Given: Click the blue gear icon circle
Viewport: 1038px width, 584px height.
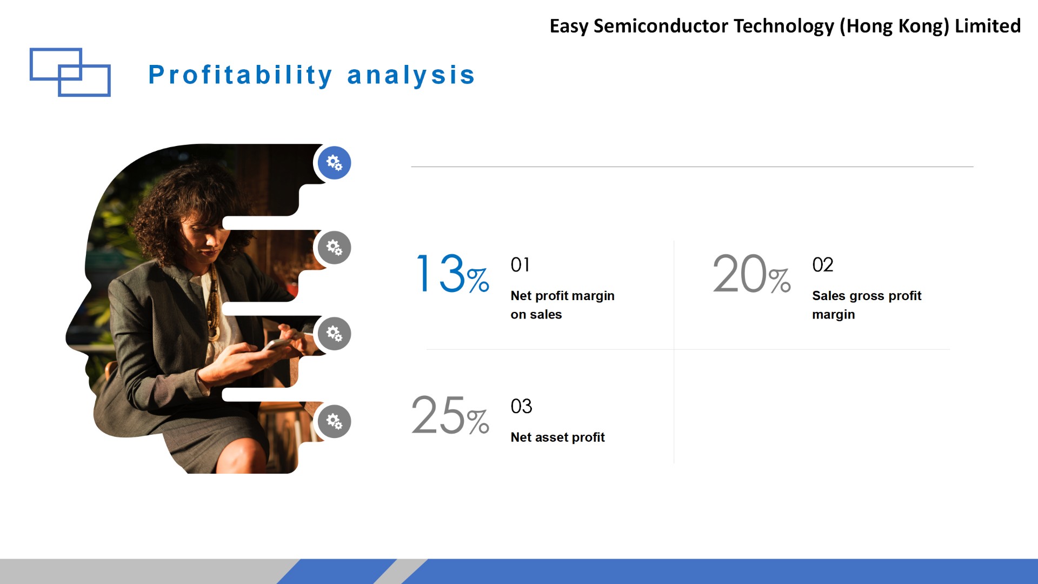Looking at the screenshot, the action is [x=334, y=163].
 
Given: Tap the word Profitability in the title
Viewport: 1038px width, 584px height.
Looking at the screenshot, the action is [x=241, y=75].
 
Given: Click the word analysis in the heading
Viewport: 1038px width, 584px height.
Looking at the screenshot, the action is [x=411, y=75].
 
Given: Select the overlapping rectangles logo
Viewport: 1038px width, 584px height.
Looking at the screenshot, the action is [x=70, y=72].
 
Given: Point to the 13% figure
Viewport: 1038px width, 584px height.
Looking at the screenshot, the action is [x=453, y=274].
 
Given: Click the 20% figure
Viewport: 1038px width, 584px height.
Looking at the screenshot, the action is [x=751, y=274].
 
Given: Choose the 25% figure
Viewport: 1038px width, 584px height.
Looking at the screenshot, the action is [x=450, y=415].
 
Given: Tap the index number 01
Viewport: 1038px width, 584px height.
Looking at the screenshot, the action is [x=520, y=265].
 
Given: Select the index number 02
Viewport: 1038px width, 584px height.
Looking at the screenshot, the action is [x=823, y=265].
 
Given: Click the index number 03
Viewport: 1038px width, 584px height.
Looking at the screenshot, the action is [x=521, y=407].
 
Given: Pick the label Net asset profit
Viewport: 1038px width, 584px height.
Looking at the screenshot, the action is [x=557, y=437].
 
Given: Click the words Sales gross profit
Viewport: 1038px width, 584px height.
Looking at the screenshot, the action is [x=867, y=296].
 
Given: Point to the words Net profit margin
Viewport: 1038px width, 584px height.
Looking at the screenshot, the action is [x=562, y=296].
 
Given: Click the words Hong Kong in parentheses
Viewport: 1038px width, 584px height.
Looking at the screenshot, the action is [x=894, y=26].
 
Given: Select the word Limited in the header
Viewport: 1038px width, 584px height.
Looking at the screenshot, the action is [x=988, y=26].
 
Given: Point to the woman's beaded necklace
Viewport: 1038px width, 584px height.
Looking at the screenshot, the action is [x=213, y=303].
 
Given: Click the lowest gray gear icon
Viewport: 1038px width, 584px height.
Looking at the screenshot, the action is [x=334, y=421].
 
